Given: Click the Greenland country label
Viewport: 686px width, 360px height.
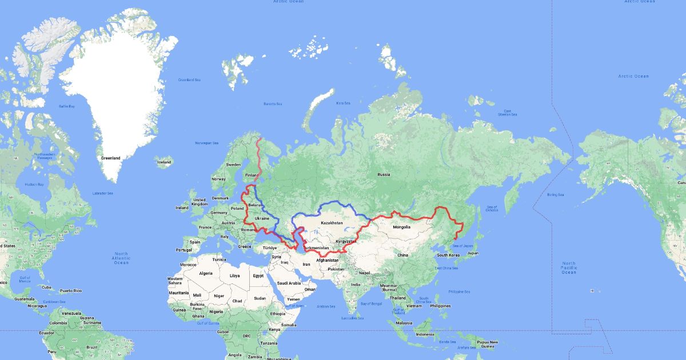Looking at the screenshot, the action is click(x=111, y=158).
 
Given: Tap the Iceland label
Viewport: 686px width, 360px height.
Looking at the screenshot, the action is click(x=163, y=162).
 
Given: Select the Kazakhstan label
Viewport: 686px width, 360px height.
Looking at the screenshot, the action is click(x=332, y=222).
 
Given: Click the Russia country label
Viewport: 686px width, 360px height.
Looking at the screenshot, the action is click(x=383, y=174).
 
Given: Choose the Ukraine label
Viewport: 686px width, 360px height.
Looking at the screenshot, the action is click(x=261, y=218).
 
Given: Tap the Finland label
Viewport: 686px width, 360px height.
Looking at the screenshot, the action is click(x=251, y=175).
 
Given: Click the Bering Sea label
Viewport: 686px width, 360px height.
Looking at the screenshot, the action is click(x=555, y=195).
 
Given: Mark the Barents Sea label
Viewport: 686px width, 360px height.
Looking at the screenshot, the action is click(x=273, y=103).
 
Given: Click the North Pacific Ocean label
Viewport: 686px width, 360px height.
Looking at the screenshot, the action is click(x=569, y=267).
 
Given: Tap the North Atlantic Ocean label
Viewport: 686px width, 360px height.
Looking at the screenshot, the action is click(x=121, y=258).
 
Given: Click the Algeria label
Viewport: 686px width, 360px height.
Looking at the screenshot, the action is click(x=205, y=273).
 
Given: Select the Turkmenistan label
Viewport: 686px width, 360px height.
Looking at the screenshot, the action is click(x=316, y=247).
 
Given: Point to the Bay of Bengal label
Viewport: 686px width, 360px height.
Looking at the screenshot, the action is click(x=370, y=303).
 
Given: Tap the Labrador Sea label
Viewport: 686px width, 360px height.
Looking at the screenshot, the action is click(x=103, y=194).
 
